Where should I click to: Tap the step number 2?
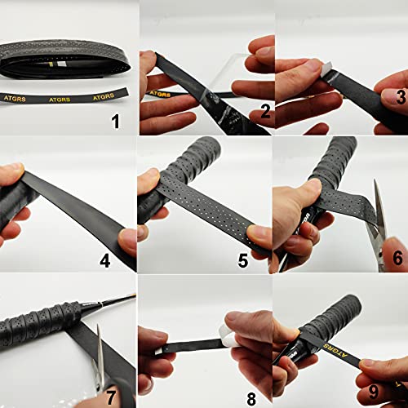coord(255,115)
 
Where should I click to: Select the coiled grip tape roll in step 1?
coord(65,59)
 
